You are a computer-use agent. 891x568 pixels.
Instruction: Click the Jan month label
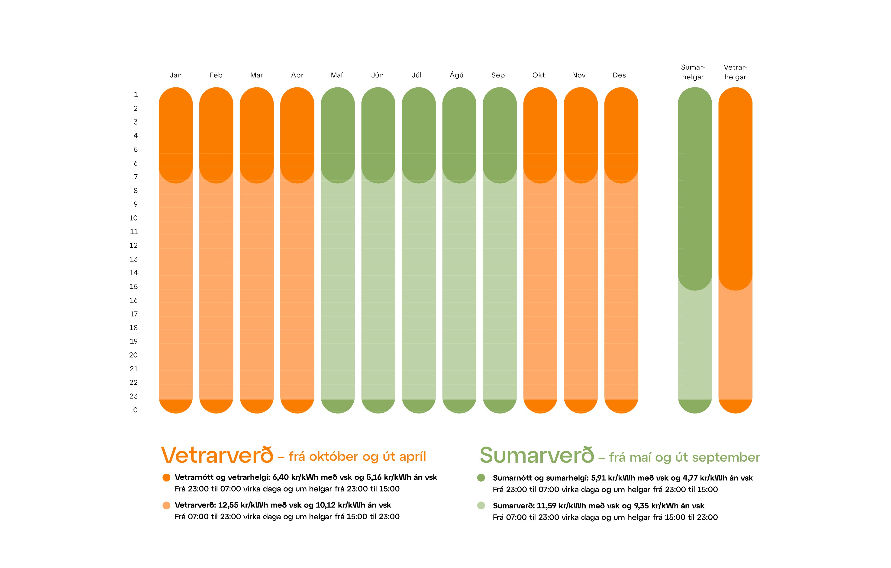coord(176,75)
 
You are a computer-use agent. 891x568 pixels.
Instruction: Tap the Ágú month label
coord(457,75)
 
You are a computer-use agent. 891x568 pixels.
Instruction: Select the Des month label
coord(619,75)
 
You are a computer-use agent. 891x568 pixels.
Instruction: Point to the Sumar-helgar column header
coord(693,72)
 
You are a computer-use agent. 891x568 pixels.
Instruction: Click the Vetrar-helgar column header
coord(735,72)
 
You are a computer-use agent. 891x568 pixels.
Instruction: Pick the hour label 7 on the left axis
coord(136,177)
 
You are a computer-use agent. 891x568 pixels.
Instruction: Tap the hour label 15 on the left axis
coord(134,287)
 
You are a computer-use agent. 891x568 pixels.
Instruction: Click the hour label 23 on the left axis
coord(134,396)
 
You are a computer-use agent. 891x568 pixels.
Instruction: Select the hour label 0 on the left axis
coord(136,410)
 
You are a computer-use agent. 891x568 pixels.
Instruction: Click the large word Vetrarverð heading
coord(217,455)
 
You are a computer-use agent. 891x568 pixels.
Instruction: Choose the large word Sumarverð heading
coord(536,455)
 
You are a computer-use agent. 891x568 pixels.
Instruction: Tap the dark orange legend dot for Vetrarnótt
coord(167,478)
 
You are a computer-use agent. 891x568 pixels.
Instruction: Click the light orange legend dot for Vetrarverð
coord(167,505)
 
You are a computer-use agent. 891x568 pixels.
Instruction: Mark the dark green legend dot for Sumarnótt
coord(481,478)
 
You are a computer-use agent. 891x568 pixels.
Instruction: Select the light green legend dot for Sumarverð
coord(481,505)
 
